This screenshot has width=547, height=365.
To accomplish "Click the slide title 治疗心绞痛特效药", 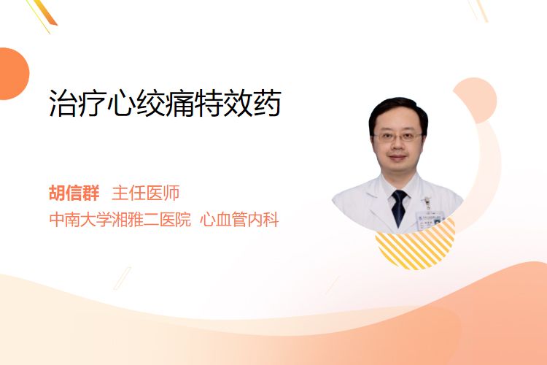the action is tap(165, 103).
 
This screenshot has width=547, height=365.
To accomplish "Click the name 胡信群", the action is tap(74, 193).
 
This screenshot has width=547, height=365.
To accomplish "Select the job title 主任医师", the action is tap(146, 193).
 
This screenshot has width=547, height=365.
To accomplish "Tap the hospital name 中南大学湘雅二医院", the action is tap(120, 220).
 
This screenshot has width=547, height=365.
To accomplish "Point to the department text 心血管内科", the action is tap(239, 220).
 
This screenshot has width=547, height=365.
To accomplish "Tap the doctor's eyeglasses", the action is tap(397, 137).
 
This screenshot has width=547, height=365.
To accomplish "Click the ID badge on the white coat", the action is tap(430, 218).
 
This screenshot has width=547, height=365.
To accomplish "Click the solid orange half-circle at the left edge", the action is tap(13, 74).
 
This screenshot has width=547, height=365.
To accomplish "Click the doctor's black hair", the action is tap(398, 111).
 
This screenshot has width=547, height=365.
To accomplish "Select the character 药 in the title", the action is tap(268, 103).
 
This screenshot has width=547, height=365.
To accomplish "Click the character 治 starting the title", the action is tap(63, 103).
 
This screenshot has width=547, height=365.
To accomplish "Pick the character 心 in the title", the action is tap(121, 103).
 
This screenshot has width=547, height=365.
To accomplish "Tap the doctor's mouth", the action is tap(397, 157).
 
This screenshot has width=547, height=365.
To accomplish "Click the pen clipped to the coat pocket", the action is tap(427, 203).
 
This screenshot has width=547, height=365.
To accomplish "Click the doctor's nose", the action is tap(397, 146).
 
